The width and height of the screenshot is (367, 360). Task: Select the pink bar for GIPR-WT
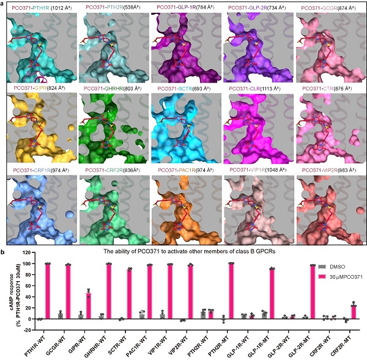tap(89, 305)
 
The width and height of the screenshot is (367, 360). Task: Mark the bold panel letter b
tap(4, 243)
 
